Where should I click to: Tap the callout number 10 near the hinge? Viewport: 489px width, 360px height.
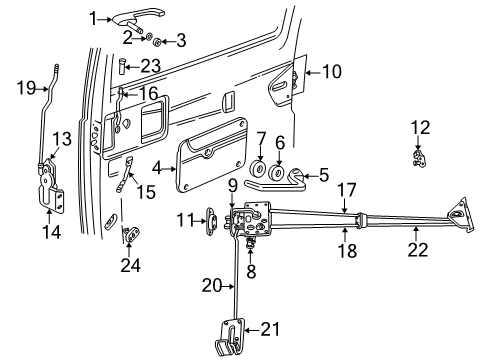click(x=332, y=71)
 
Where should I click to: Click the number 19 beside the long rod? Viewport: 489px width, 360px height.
click(x=25, y=88)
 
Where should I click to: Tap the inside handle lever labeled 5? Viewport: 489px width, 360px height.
click(x=300, y=177)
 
